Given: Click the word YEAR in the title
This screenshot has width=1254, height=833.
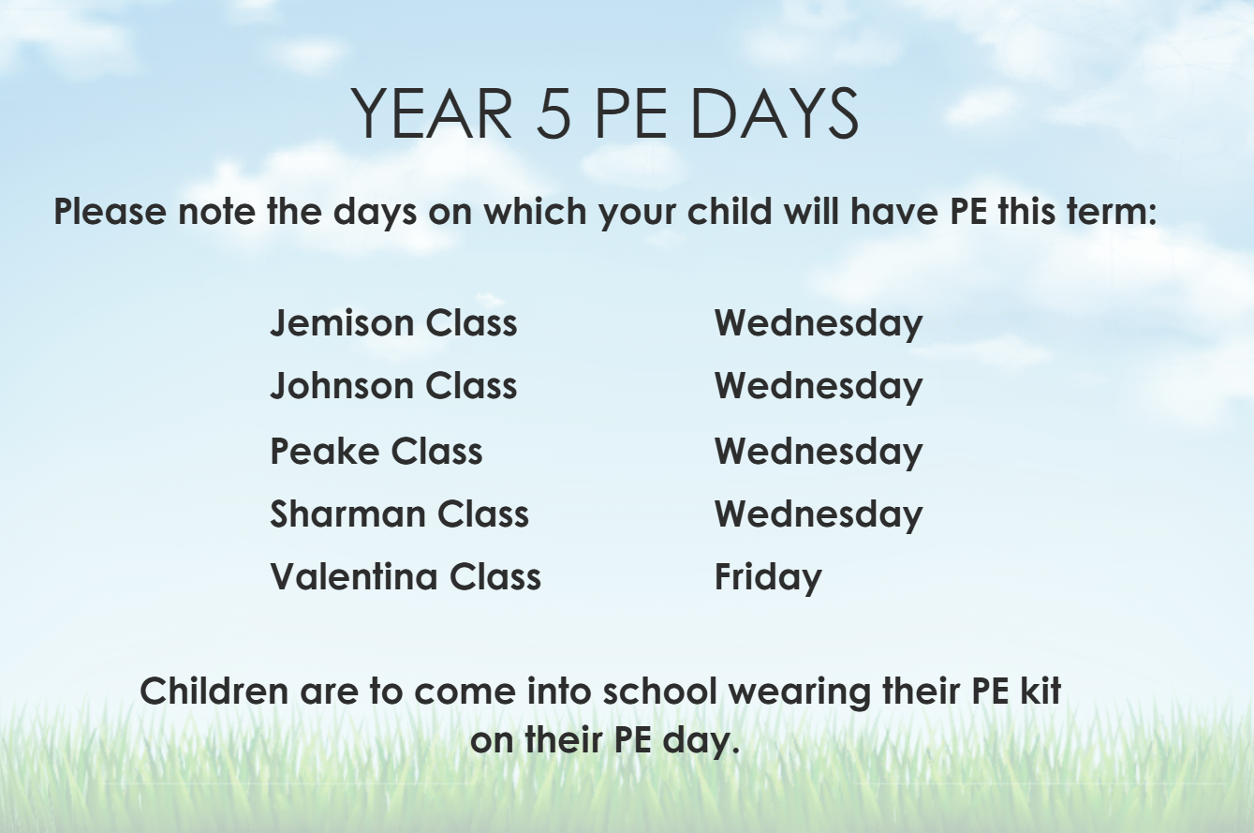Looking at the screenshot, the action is point(432,113).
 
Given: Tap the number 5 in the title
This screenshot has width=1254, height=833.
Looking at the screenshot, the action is point(553,113).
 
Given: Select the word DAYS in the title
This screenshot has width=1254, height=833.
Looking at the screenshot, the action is point(775,113).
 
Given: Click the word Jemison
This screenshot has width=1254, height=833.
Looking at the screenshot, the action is point(341,323).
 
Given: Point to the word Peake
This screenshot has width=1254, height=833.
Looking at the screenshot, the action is point(324,451).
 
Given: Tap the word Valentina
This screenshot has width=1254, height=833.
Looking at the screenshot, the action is point(354,576).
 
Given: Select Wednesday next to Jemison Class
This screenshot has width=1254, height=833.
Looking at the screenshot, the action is point(819,325).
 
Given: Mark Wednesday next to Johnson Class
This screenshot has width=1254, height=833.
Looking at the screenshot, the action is point(819,388).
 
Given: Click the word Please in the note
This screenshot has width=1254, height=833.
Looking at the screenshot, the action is point(110,211).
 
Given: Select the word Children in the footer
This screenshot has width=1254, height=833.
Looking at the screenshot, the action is point(214,691).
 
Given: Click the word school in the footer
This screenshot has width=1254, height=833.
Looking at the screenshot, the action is point(660,691).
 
